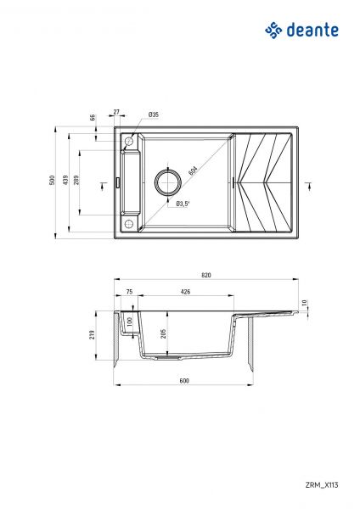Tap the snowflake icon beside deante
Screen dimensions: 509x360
(274, 31)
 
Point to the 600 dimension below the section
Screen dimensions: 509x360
(184, 380)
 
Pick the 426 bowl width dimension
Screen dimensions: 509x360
(185, 292)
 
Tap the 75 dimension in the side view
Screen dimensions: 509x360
(129, 292)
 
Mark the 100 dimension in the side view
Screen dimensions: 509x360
(129, 322)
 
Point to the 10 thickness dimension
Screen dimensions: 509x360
(306, 302)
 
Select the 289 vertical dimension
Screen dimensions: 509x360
(78, 181)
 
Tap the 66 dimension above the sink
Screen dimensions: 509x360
(93, 118)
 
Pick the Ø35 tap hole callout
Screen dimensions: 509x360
(154, 114)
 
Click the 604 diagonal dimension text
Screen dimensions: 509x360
(193, 172)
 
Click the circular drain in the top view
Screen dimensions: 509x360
(166, 182)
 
